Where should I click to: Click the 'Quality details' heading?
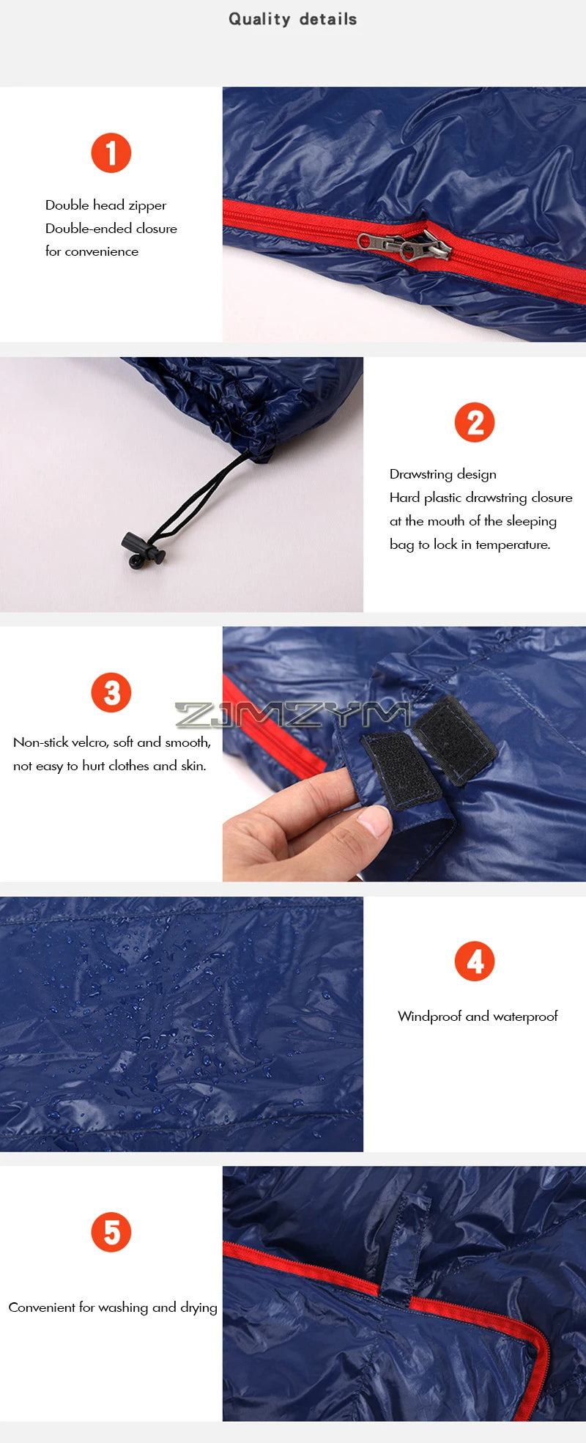292,19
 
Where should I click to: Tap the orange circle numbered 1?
111,153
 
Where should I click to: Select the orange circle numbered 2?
475,423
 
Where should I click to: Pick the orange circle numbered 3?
111,693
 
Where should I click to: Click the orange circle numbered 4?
475,962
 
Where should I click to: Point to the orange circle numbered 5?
111,1232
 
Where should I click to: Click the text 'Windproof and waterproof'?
478,1016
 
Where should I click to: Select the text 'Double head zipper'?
105,205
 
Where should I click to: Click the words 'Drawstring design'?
442,474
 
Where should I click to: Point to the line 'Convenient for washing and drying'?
113,1307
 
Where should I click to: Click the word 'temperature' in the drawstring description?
512,545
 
